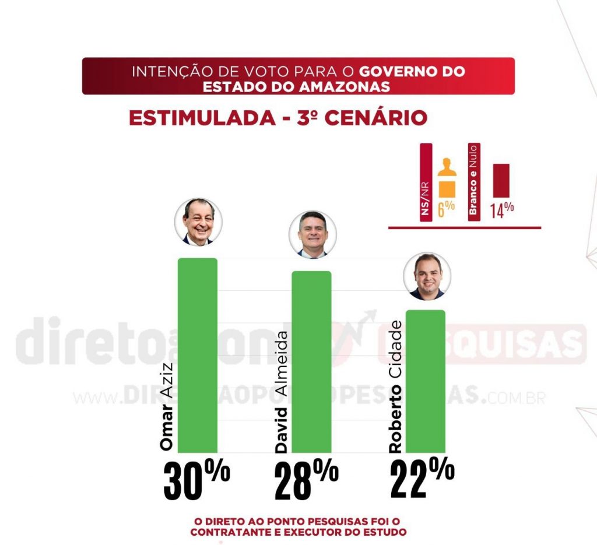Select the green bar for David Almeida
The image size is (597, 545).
click(311, 361)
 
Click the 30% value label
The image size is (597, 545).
click(196, 481)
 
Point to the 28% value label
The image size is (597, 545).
click(306, 481)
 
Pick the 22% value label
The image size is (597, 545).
click(422, 479)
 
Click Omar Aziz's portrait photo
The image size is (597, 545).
click(198, 222)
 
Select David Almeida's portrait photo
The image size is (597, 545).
click(312, 235)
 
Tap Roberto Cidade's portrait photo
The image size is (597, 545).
click(427, 276)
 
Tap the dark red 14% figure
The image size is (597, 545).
click(501, 209)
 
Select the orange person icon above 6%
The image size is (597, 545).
click(445, 178)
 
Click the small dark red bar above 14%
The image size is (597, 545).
click(501, 180)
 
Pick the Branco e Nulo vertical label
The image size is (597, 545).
click(473, 181)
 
